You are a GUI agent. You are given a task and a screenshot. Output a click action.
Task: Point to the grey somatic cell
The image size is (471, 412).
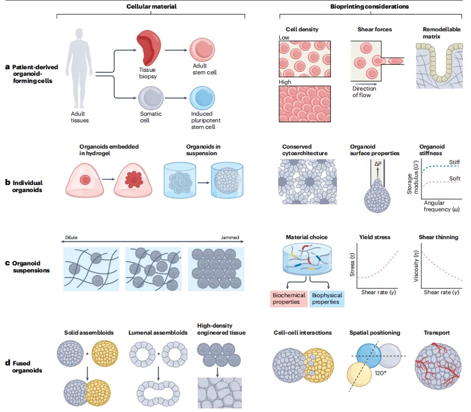[x=148, y=100]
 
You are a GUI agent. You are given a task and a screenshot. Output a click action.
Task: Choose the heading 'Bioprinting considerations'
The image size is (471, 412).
[x=369, y=6]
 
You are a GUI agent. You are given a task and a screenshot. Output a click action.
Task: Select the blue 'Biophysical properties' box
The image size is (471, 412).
[x=325, y=299]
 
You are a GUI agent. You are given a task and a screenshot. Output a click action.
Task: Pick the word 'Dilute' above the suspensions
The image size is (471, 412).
[x=71, y=237]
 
